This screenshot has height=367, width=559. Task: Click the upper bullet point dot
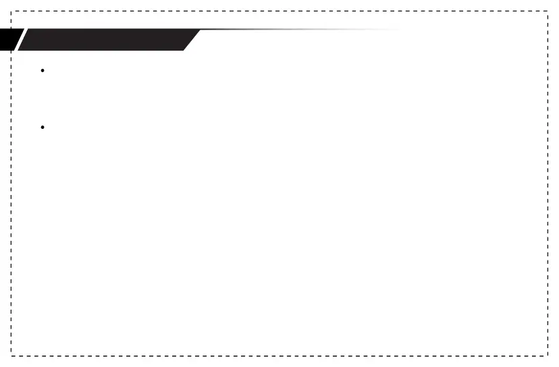tap(42, 70)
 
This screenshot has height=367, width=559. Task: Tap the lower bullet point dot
tap(42, 127)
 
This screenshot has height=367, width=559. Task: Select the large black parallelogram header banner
tap(108, 40)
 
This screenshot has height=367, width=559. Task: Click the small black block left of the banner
tap(9, 40)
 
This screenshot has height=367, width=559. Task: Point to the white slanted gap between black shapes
tap(20, 40)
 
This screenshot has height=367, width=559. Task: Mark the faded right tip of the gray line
tap(398, 30)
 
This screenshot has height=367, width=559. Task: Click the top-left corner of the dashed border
tap(11, 11)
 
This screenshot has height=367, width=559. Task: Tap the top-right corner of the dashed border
tap(547, 11)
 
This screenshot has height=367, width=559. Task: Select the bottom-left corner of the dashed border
tap(11, 355)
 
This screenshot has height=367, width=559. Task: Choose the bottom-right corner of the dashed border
tap(547, 355)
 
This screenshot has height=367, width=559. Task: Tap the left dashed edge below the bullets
tap(11, 236)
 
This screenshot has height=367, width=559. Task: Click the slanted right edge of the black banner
tap(192, 40)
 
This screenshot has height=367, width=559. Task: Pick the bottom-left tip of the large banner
tap(18, 50)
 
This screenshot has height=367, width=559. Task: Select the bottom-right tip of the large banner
tap(184, 50)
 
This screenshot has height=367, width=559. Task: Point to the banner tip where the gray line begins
tap(201, 30)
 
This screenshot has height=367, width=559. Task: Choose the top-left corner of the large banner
tap(27, 30)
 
